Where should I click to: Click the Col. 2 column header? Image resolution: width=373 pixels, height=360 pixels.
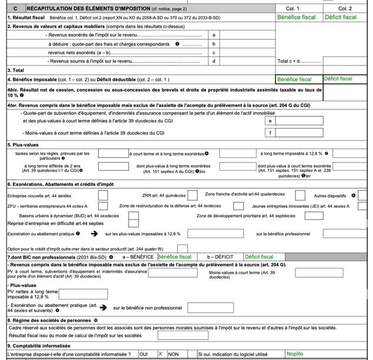click(x=345, y=9)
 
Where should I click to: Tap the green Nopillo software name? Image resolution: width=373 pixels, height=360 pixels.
click(x=295, y=354)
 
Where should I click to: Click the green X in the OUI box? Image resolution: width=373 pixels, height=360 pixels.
click(x=160, y=354)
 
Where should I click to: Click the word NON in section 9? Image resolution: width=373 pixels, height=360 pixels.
click(x=174, y=354)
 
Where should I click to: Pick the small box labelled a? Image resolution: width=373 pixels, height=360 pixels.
click(x=214, y=35)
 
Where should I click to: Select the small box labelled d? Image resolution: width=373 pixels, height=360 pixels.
click(x=214, y=61)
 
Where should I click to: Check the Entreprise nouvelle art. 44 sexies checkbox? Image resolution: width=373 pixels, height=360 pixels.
click(x=102, y=195)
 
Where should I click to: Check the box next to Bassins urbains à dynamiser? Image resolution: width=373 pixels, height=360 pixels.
click(x=133, y=215)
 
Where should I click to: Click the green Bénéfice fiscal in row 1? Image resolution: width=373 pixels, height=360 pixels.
click(x=296, y=17)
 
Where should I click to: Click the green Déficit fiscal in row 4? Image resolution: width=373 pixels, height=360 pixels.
click(x=338, y=79)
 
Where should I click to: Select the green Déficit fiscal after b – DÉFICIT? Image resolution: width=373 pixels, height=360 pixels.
click(x=259, y=256)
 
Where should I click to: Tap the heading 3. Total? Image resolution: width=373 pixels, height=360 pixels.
click(x=17, y=70)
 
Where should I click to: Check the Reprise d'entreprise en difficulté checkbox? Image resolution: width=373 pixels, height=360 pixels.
click(x=133, y=223)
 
